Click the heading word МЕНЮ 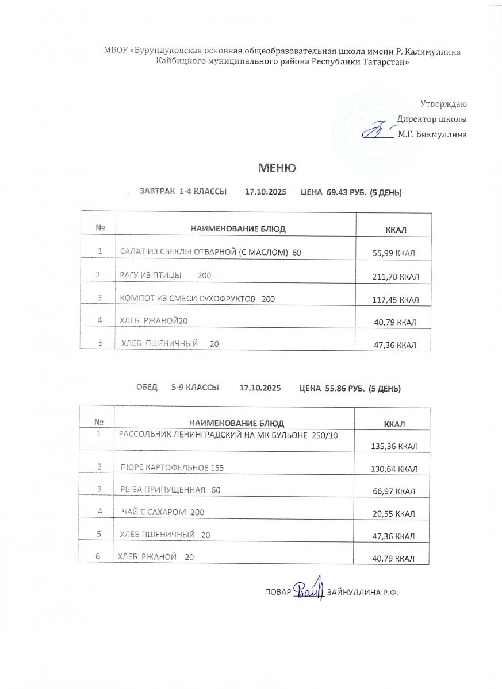point(277,168)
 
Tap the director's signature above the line point(377,129)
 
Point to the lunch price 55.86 point(336,389)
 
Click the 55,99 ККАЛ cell point(394,253)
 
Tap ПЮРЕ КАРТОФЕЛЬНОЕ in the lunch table point(165,469)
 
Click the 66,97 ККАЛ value point(394,491)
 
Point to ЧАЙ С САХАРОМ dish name point(156,512)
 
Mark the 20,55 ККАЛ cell point(394,514)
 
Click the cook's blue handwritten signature point(309,590)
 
